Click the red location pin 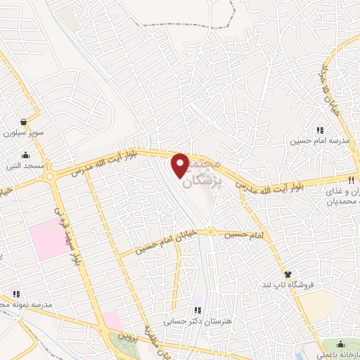[x=181, y=164]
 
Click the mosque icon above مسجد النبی [x=27, y=155]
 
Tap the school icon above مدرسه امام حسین [x=320, y=130]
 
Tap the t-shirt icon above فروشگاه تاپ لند [x=288, y=274]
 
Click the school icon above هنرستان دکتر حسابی [x=198, y=309]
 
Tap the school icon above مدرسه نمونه [x=15, y=294]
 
